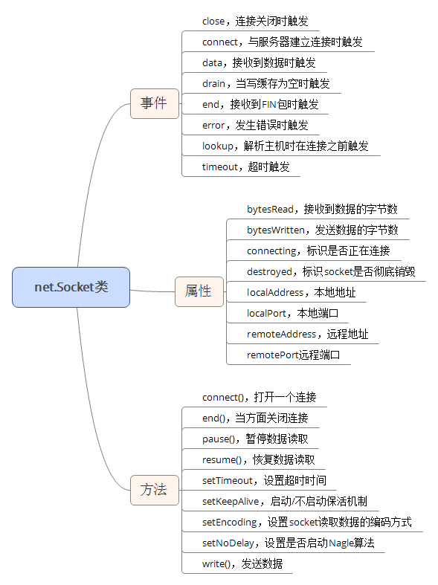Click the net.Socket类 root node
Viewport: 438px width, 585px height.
[71, 287]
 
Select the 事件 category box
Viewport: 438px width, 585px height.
[155, 103]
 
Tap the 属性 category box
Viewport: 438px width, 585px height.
[199, 291]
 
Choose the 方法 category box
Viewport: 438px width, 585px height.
[155, 490]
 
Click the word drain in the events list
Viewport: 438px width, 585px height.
[213, 83]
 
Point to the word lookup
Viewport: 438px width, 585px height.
[217, 146]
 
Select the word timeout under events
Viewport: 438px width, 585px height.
[220, 167]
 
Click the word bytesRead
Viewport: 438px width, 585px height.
[270, 210]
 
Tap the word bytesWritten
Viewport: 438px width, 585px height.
[276, 230]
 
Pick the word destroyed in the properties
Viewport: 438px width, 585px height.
[269, 272]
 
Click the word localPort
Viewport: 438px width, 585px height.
[266, 314]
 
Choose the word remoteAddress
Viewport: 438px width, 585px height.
[281, 334]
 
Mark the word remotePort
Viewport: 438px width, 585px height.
[272, 355]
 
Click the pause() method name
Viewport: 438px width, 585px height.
[218, 439]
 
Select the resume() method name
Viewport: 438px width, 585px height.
[222, 459]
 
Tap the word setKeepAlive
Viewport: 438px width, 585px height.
[231, 502]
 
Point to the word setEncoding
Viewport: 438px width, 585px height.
[230, 523]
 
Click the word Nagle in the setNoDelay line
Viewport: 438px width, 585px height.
[341, 543]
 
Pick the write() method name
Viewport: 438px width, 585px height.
[216, 563]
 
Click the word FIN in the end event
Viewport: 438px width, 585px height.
[269, 105]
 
